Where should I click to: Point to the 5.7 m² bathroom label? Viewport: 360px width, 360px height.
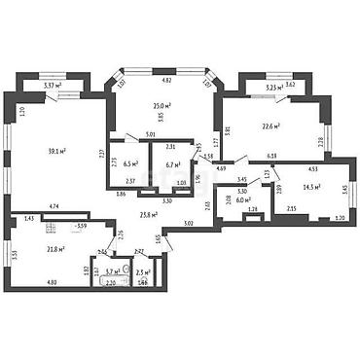[x=115, y=272]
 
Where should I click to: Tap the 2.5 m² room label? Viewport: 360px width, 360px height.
[x=144, y=272]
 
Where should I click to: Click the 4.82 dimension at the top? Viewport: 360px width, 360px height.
[x=166, y=80]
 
